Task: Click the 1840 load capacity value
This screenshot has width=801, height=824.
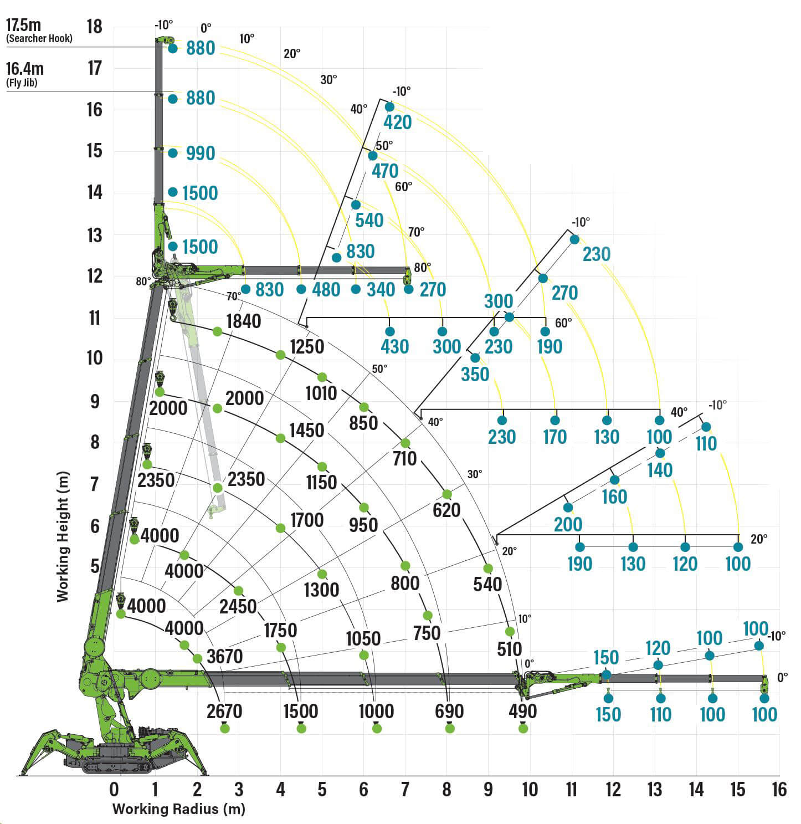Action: [244, 321]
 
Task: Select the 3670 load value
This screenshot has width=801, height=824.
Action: [224, 656]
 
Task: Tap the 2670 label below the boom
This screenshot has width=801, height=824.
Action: [224, 711]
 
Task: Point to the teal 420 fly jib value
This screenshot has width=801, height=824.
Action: [398, 122]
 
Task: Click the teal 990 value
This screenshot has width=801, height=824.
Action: [201, 153]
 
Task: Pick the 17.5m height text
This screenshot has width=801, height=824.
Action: [24, 25]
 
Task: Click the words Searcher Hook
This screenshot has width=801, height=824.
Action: [39, 39]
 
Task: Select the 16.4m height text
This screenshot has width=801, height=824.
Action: [25, 69]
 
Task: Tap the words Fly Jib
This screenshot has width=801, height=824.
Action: [22, 83]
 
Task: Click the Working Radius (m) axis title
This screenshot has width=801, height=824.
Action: [178, 809]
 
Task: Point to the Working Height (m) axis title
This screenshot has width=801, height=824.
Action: [63, 536]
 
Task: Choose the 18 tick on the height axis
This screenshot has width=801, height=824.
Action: [95, 26]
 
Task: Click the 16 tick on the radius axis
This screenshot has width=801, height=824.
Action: [779, 789]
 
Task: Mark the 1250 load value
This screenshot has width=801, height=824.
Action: [307, 346]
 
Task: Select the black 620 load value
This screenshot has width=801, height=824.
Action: [446, 510]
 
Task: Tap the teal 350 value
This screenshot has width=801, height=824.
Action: [475, 374]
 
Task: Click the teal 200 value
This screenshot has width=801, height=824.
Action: [568, 524]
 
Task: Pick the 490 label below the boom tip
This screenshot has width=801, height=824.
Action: [522, 711]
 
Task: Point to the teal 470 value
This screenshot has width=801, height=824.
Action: [385, 171]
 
